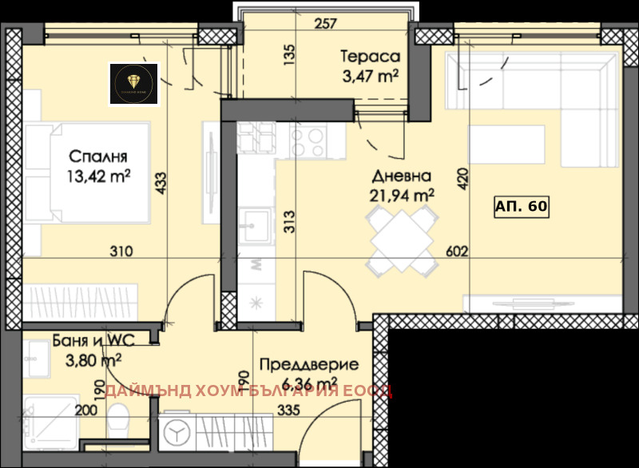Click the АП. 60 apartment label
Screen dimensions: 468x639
[521, 206]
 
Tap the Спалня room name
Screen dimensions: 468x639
[98, 156]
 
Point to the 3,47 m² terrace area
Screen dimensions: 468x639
[369, 76]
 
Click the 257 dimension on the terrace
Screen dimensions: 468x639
[325, 23]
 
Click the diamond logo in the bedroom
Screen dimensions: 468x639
[133, 83]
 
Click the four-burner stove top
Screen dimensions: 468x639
[307, 142]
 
